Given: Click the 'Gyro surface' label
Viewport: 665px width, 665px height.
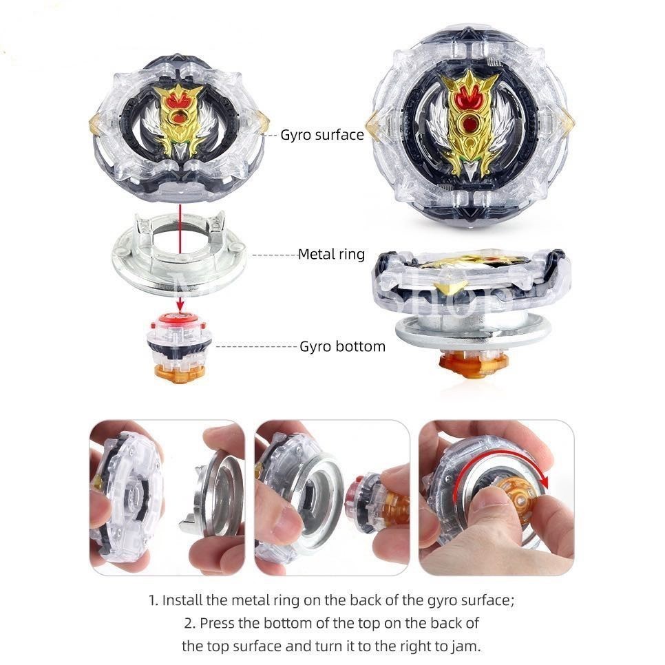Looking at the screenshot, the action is pyautogui.click(x=321, y=134).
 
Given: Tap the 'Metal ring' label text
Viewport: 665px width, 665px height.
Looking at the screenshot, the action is pyautogui.click(x=331, y=254).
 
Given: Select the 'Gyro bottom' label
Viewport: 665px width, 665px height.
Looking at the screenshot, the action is pyautogui.click(x=342, y=346).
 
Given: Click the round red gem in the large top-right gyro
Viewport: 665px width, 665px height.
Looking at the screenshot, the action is pyautogui.click(x=469, y=125).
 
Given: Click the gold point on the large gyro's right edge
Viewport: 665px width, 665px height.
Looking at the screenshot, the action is pyautogui.click(x=567, y=123).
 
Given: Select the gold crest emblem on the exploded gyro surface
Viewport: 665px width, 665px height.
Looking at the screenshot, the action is pyautogui.click(x=180, y=114).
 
